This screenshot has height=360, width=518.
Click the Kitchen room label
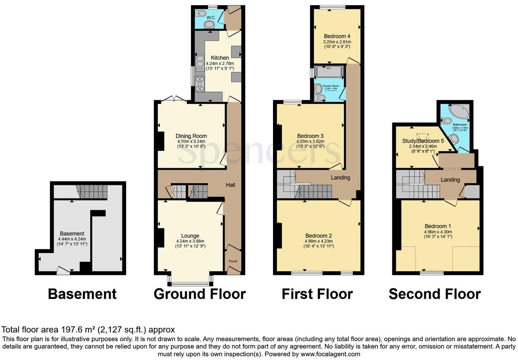point(220,58)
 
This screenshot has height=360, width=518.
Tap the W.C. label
point(211,17)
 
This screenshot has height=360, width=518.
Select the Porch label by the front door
point(233,261)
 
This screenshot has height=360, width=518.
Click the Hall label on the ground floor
point(230,185)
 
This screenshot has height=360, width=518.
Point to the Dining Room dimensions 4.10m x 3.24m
point(191,141)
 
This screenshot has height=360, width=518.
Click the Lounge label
point(190,236)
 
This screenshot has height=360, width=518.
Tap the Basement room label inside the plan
point(72,234)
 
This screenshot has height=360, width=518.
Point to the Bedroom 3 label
point(310,136)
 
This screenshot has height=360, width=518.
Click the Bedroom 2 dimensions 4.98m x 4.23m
point(318,241)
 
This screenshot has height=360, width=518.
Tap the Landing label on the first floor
point(340,177)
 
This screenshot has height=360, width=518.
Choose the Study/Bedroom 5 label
point(423,141)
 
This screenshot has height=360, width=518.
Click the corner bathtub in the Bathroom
point(459,111)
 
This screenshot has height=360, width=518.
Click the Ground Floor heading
point(199,294)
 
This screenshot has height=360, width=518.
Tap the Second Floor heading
point(435,294)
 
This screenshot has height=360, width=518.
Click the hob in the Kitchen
point(199,84)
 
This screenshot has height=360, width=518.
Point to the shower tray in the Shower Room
point(329,72)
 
